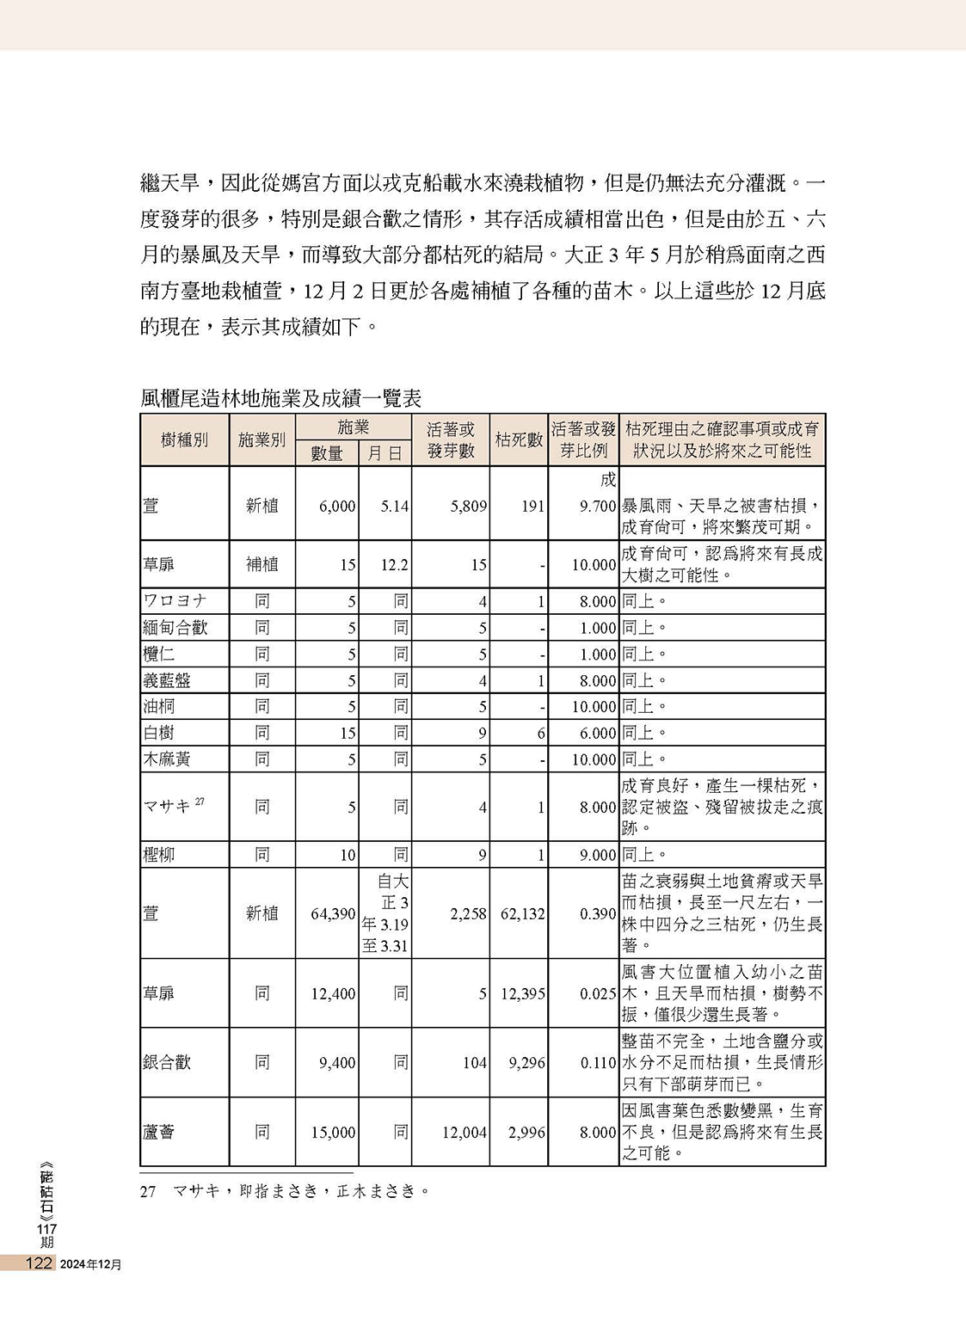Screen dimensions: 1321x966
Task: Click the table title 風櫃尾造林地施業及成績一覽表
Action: click(x=280, y=398)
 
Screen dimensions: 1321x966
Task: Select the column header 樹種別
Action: click(x=184, y=440)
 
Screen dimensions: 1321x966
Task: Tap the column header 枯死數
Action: click(x=519, y=440)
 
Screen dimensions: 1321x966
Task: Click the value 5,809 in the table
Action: click(x=468, y=507)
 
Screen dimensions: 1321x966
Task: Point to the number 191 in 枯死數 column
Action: click(x=532, y=507)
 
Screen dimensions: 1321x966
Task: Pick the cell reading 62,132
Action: click(x=522, y=913)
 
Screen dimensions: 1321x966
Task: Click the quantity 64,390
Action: click(x=333, y=913)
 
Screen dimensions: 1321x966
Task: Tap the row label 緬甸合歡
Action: click(x=175, y=628)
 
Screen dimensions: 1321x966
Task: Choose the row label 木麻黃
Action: click(x=167, y=759)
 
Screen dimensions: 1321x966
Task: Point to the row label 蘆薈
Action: click(x=158, y=1132)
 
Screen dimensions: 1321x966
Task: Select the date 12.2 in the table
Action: click(x=394, y=565)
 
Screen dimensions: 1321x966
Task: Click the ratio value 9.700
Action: click(x=598, y=507)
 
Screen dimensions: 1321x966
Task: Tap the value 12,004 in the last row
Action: click(x=465, y=1133)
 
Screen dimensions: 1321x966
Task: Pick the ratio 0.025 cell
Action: click(x=598, y=994)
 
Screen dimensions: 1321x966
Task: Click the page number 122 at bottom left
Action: click(x=40, y=1263)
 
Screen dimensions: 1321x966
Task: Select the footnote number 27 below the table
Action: click(x=148, y=1191)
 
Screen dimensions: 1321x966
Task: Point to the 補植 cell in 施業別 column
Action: click(x=261, y=565)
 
